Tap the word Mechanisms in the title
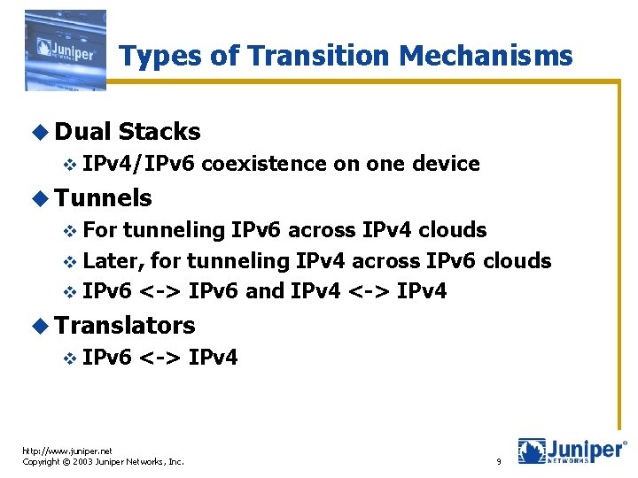point(486,56)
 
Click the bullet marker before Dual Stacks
point(43,133)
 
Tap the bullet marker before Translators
point(43,326)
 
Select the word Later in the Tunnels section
point(114,261)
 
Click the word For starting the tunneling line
point(99,230)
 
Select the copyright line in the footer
point(103,462)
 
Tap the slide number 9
point(499,462)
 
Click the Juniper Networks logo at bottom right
point(572,451)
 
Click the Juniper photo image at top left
point(66,50)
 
